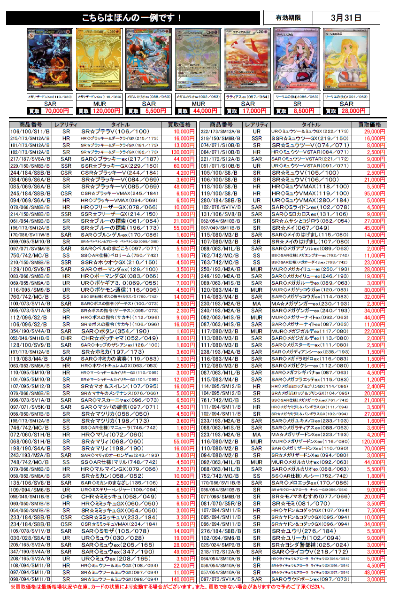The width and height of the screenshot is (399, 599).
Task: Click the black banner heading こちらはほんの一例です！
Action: tap(133, 18)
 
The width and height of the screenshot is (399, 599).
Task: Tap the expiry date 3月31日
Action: tap(346, 18)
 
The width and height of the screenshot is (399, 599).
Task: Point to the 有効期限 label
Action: tap(288, 18)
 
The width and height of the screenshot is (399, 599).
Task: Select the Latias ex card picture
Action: tap(247, 59)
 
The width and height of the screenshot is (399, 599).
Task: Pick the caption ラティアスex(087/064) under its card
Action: tap(247, 96)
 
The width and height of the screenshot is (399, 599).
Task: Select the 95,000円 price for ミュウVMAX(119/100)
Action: tap(369, 193)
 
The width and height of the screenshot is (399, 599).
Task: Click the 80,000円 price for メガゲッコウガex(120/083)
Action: tap(369, 291)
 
